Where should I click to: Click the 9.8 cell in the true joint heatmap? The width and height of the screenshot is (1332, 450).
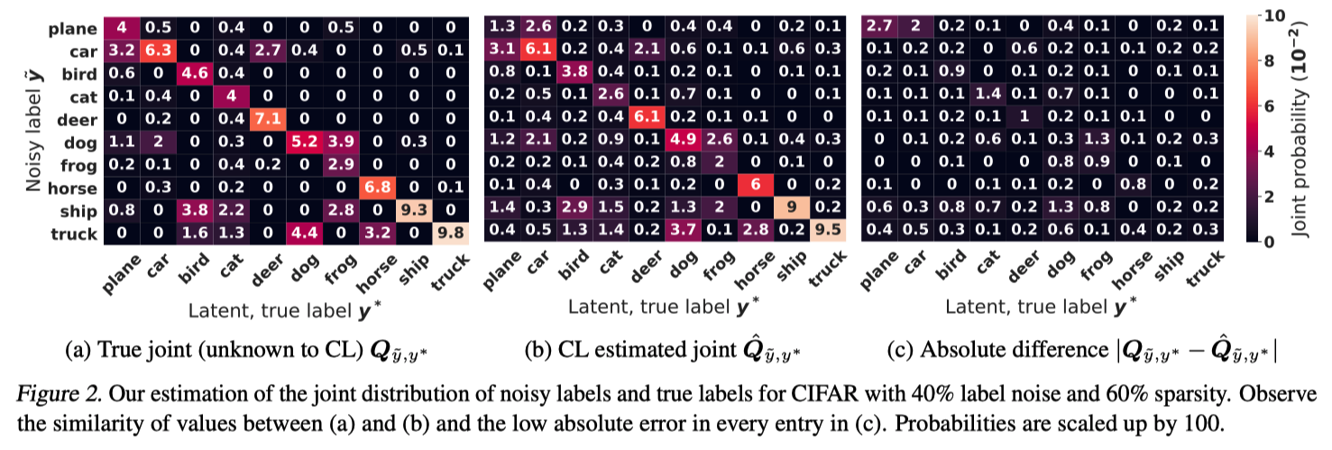point(451,234)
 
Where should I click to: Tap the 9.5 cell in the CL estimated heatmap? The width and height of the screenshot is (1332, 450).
point(830,234)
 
